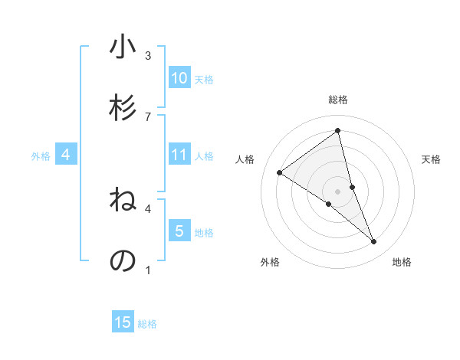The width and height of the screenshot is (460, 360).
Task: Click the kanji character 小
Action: tap(123, 47)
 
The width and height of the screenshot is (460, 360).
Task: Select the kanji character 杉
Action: tap(123, 108)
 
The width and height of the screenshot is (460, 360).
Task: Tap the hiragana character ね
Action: tap(123, 201)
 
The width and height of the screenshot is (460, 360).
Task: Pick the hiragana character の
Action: tap(123, 260)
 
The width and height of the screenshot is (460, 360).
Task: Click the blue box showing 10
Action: tap(179, 78)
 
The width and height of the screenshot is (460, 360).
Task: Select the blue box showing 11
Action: tap(179, 155)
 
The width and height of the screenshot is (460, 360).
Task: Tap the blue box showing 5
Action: tap(179, 231)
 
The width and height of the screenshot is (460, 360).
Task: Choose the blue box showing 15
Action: tap(123, 322)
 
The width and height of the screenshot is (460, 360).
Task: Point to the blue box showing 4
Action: tap(66, 155)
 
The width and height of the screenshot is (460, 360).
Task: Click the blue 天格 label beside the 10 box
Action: tap(204, 79)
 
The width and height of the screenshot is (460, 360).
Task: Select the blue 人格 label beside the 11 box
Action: tap(204, 155)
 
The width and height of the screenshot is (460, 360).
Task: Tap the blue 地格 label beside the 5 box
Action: tap(204, 232)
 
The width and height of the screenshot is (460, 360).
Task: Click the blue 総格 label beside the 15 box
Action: tap(147, 324)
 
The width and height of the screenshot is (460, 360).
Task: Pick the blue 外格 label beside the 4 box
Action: tap(41, 155)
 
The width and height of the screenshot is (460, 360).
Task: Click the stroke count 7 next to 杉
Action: tap(148, 116)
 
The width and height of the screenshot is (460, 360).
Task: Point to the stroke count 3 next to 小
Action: tap(148, 55)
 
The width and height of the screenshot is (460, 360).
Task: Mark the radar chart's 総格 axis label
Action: tap(338, 100)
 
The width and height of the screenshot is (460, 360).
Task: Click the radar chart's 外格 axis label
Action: tap(270, 262)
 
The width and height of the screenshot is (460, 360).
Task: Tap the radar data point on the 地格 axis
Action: tap(374, 242)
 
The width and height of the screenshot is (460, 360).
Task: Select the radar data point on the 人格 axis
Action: tap(279, 172)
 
